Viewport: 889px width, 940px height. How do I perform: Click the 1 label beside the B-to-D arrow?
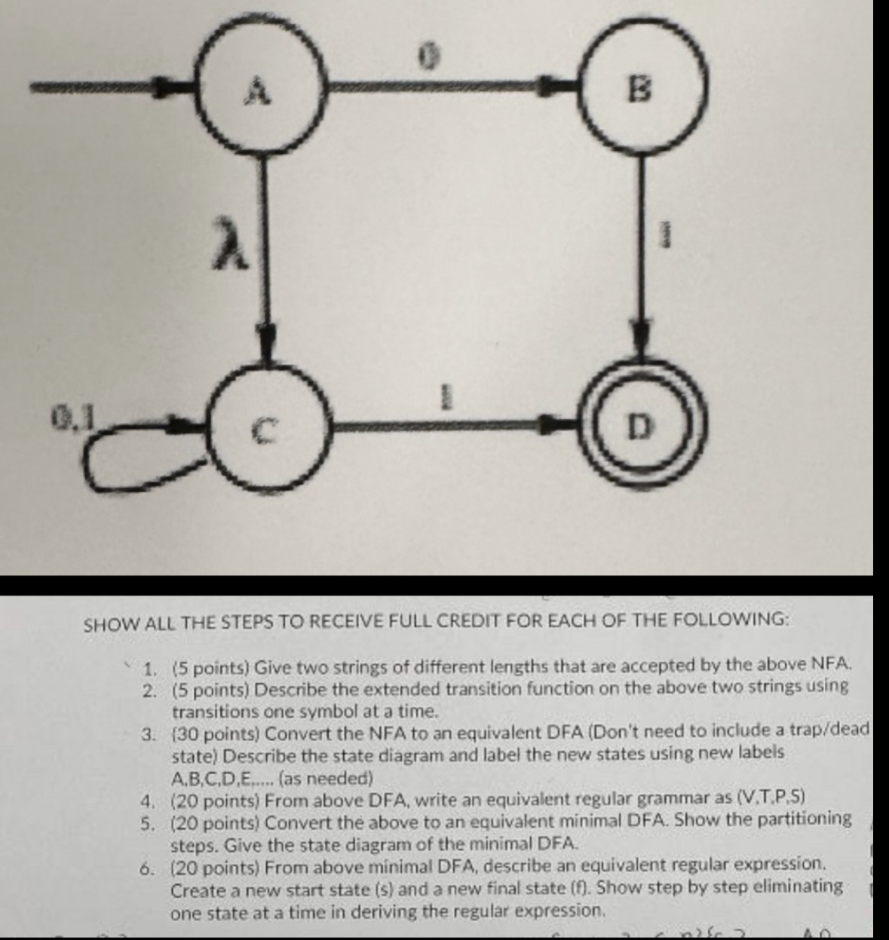665,237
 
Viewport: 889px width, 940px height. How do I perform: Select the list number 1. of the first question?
150,667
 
